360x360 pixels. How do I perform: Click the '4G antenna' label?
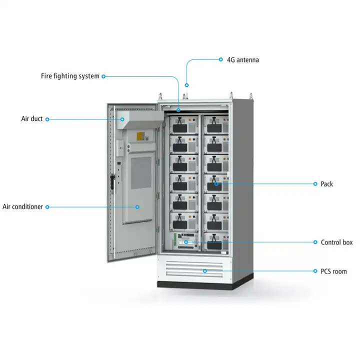coord(243,60)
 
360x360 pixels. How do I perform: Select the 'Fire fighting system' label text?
coord(70,76)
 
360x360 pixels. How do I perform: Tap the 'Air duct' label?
coord(32,118)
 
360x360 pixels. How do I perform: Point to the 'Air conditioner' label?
coord(22,206)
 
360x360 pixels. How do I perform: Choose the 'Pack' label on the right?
coord(326,184)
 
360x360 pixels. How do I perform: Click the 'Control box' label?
coord(336,242)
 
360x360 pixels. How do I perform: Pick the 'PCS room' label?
coord(333,271)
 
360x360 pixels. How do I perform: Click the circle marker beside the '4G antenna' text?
coord(220,59)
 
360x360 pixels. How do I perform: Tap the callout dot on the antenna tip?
coord(186,85)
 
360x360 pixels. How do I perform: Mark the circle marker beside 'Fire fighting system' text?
coord(103,76)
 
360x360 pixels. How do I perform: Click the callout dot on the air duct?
coord(122,119)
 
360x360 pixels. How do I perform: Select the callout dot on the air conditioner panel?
coord(137,207)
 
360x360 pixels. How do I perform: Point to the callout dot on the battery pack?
coord(216,183)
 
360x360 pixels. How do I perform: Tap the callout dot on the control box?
coord(186,242)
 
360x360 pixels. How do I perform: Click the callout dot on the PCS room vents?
coord(205,271)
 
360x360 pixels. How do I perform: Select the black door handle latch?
coord(112,181)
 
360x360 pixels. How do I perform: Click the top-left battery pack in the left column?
coord(184,125)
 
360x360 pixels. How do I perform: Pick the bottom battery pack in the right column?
coord(216,242)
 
